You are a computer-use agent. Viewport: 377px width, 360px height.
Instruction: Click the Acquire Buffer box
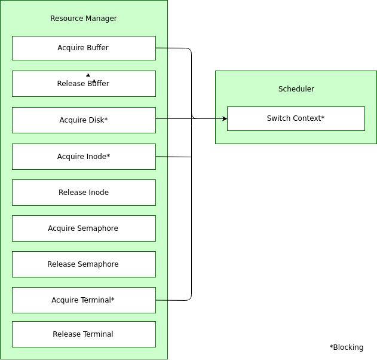84,48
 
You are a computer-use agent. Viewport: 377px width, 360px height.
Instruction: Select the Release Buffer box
84,84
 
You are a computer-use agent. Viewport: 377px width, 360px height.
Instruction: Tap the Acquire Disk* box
84,120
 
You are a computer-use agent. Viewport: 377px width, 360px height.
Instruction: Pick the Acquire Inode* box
84,157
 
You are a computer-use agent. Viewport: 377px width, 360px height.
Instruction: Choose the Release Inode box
84,193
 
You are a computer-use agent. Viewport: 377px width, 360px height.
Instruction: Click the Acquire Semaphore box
84,228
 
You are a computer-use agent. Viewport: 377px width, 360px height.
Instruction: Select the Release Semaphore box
84,264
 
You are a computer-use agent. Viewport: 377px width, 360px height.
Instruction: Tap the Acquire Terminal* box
84,300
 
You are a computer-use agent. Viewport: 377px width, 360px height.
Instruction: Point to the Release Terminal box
84,334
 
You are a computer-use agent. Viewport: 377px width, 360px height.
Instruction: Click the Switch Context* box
296,118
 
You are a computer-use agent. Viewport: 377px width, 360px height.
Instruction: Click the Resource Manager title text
84,19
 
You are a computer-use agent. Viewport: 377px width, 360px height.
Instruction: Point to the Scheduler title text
296,89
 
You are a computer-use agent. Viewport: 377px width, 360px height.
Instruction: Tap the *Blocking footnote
347,347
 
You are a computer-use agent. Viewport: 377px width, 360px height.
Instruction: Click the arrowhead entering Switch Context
225,118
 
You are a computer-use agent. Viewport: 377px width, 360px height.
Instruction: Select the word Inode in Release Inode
99,193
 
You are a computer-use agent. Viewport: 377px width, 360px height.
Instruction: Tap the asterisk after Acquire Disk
106,118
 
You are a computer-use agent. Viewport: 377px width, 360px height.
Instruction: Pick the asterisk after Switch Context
323,117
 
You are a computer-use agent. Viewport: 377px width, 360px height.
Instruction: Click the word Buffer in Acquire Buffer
97,48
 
